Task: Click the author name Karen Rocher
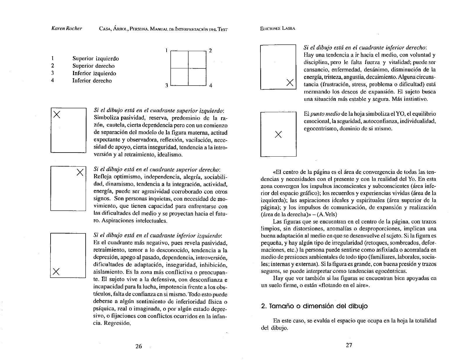pos(66,29)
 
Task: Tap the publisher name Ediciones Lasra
pos(277,29)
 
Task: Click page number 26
pos(139,346)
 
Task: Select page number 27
pos(349,345)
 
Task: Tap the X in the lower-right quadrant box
pos(290,83)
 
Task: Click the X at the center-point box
pos(279,134)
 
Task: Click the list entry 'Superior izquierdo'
pos(96,58)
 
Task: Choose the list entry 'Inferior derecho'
pos(92,81)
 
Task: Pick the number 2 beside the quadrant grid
pos(210,51)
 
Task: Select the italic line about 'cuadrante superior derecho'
pos(157,169)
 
